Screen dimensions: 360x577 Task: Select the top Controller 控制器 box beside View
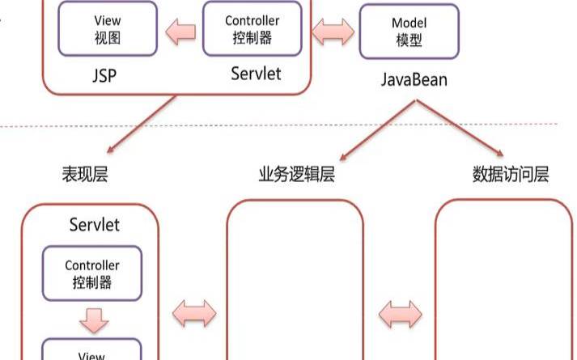pyautogui.click(x=251, y=28)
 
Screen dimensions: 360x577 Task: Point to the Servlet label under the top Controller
pyautogui.click(x=256, y=74)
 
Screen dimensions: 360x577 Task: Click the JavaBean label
pyautogui.click(x=414, y=81)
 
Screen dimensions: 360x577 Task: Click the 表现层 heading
pyautogui.click(x=84, y=174)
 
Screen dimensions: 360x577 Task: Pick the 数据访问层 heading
pyautogui.click(x=510, y=174)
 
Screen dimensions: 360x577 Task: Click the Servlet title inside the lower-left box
pyautogui.click(x=94, y=224)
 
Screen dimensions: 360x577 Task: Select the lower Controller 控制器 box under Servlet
pyautogui.click(x=92, y=273)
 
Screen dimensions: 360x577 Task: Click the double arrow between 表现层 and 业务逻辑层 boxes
pyautogui.click(x=195, y=313)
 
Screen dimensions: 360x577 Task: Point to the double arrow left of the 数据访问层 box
pyautogui.click(x=401, y=313)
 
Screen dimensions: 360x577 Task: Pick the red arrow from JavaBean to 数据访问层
pyautogui.click(x=462, y=129)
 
